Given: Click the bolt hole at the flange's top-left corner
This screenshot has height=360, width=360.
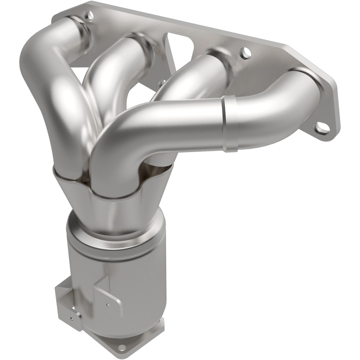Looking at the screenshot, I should (x=87, y=15).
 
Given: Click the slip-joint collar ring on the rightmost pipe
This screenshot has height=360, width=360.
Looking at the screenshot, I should (x=226, y=123).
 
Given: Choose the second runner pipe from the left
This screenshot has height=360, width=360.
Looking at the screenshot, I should (x=108, y=79).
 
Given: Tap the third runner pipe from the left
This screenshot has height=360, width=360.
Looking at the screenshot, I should (x=191, y=76).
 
